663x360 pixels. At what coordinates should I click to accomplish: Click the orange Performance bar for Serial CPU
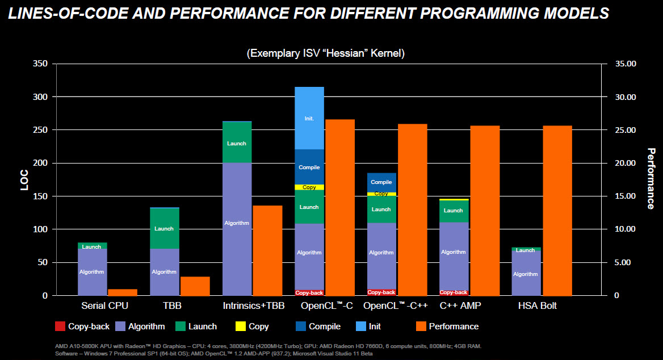[x=123, y=292]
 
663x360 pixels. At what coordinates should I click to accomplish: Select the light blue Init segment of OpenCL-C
[x=309, y=118]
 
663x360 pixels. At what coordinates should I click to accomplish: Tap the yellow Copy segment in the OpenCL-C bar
[x=309, y=187]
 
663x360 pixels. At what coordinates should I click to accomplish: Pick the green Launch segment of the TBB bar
[x=164, y=228]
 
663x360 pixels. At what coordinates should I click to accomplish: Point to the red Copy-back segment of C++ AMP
[x=454, y=292]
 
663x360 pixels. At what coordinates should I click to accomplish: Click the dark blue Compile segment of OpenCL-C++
[x=381, y=182]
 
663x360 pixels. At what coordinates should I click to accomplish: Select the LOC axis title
[x=24, y=179]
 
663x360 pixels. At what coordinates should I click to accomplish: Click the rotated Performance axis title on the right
[x=651, y=178]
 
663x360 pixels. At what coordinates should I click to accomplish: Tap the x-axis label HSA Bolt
[x=537, y=306]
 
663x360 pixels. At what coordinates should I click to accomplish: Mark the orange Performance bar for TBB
[x=195, y=286]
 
